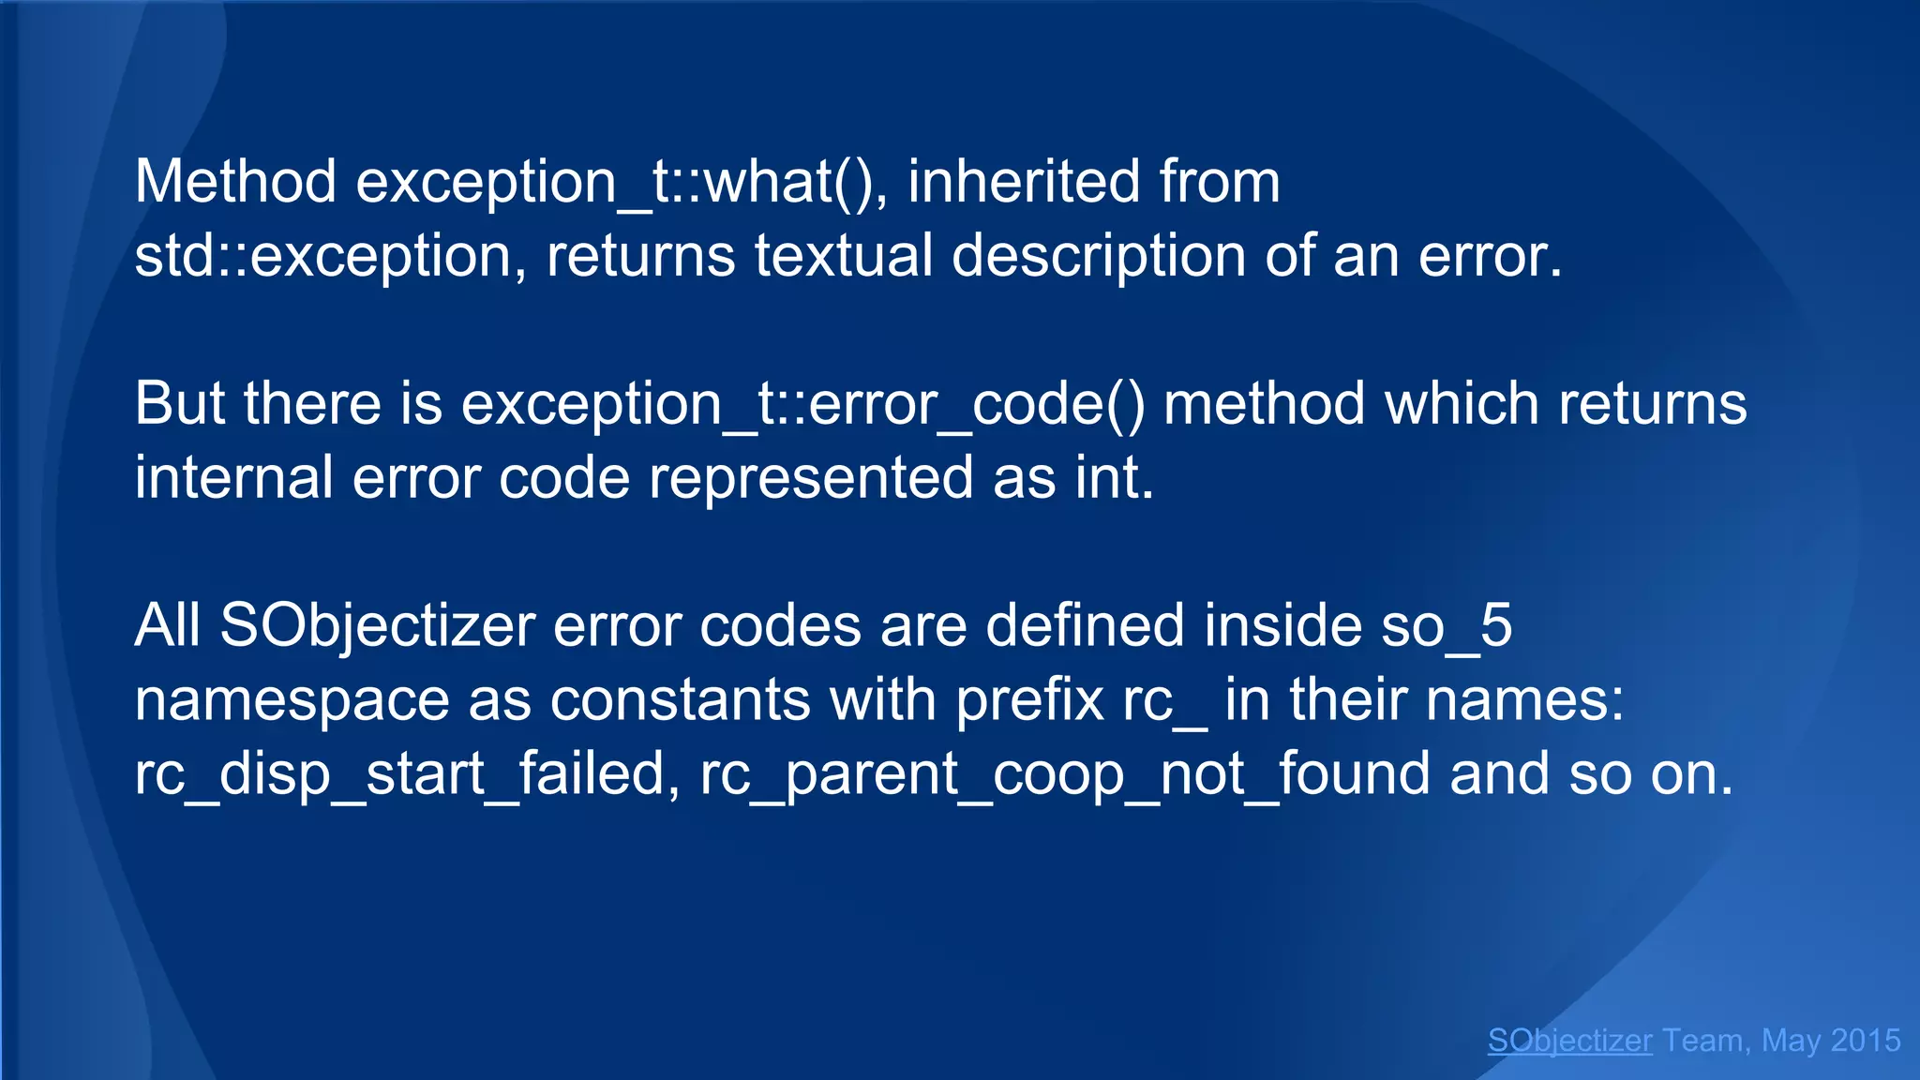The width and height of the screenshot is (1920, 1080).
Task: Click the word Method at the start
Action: pos(235,181)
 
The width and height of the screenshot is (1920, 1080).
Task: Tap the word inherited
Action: pos(1023,181)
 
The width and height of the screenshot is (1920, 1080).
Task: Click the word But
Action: pos(179,404)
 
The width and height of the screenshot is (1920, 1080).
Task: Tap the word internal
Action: pos(233,478)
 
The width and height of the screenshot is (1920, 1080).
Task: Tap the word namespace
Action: pos(292,700)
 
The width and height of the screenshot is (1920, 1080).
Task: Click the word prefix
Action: pos(1029,700)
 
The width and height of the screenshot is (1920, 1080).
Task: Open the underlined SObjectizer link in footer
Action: pos(1569,1041)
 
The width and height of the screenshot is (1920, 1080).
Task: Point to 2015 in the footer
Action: pos(1865,1041)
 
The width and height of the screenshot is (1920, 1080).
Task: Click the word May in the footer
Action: pos(1791,1041)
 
